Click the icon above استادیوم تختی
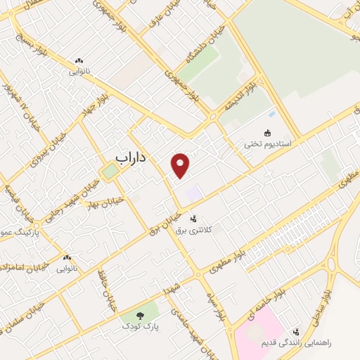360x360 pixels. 267,132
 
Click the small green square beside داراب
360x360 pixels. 109,171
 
